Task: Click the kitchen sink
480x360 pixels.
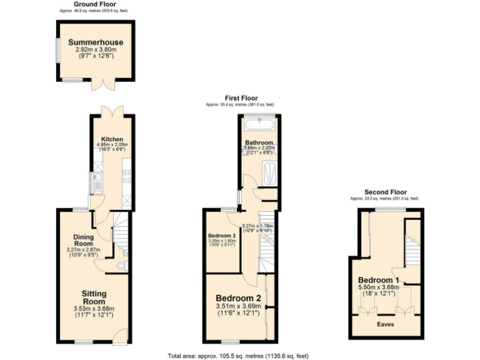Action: (x=97, y=182)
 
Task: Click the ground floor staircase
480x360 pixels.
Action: (x=121, y=234)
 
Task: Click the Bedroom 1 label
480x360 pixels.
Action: (x=379, y=279)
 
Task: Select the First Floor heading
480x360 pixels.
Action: (x=241, y=98)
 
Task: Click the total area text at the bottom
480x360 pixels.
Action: (x=238, y=356)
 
